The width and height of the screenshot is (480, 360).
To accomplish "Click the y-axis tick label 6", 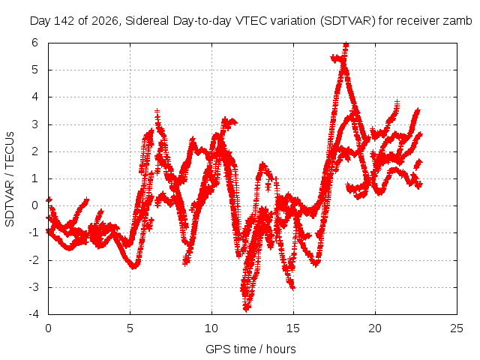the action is coord(34,43).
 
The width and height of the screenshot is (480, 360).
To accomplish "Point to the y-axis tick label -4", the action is coord(34,314).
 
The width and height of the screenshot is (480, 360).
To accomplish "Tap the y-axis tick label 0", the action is coord(34,205).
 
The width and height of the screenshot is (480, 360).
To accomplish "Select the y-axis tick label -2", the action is coord(34,260).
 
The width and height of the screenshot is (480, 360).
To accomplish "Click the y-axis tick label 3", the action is coord(34,124).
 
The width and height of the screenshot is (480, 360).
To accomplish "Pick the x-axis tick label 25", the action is coord(457,328).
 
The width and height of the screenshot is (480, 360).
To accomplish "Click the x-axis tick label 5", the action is coord(130,328).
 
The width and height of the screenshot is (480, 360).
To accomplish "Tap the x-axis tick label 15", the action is coord(293,328).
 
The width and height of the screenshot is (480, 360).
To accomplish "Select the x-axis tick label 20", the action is coord(375,328).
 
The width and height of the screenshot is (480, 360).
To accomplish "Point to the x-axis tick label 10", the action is coord(211,328).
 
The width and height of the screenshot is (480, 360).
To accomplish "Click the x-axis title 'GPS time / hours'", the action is coord(250,349).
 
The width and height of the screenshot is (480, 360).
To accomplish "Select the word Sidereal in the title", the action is coord(147,21).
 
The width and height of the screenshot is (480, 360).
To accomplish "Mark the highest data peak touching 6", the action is coord(346,45).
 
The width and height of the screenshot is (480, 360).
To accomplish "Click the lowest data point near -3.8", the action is coord(247,308).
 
